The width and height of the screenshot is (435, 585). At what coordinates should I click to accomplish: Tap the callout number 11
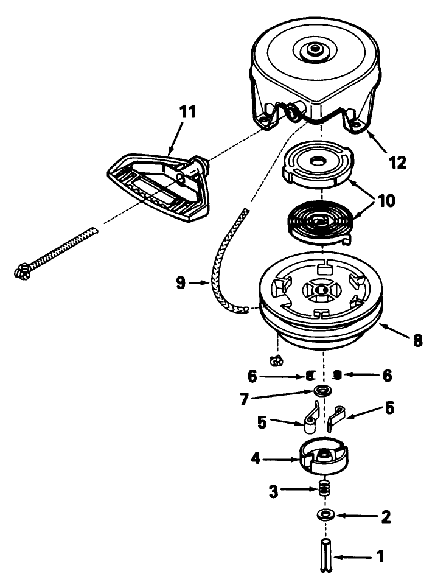tap(187, 112)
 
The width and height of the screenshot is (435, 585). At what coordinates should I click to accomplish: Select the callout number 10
tap(386, 201)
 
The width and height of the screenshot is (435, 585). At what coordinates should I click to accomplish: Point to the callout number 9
tap(181, 283)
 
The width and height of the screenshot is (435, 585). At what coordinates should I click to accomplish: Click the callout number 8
tap(417, 340)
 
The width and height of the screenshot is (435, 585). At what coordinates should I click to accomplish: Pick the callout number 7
tap(245, 399)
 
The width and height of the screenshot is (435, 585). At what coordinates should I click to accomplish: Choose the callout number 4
tap(256, 458)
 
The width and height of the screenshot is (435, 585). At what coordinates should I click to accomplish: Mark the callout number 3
tap(274, 492)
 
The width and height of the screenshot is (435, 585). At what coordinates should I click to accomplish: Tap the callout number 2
tap(386, 517)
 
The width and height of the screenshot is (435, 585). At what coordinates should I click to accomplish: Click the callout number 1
tap(380, 556)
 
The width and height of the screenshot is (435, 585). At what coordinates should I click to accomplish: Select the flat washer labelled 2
tap(325, 515)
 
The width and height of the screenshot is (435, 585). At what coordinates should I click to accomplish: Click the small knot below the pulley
tap(277, 360)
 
